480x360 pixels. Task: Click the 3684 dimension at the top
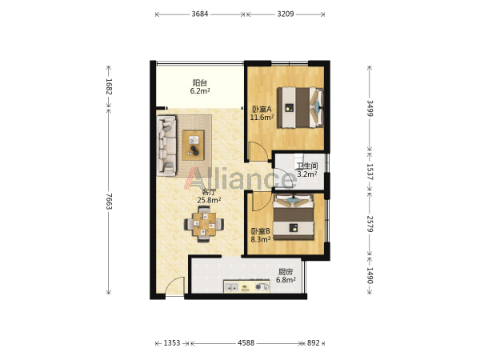coord(200,14)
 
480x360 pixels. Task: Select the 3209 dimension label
coord(286,14)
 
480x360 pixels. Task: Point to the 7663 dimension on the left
coord(109,202)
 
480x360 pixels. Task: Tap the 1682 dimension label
coord(109,86)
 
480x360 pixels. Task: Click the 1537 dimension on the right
coord(370,172)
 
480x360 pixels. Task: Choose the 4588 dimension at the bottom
coord(246,343)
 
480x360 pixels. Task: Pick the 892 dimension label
coord(314,343)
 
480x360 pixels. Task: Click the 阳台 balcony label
coord(200,82)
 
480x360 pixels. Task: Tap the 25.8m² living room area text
coord(209,200)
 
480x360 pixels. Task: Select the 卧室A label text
coord(262,109)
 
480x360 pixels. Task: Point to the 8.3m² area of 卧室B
coord(261,239)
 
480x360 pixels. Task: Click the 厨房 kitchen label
coord(286,271)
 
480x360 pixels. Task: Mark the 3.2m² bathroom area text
coord(307,174)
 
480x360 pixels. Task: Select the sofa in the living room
coord(167,146)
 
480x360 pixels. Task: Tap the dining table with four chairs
coord(204,224)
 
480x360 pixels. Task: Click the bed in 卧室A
coord(300,107)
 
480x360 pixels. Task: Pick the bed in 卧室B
coord(294,217)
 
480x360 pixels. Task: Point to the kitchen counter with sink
coord(246,286)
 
